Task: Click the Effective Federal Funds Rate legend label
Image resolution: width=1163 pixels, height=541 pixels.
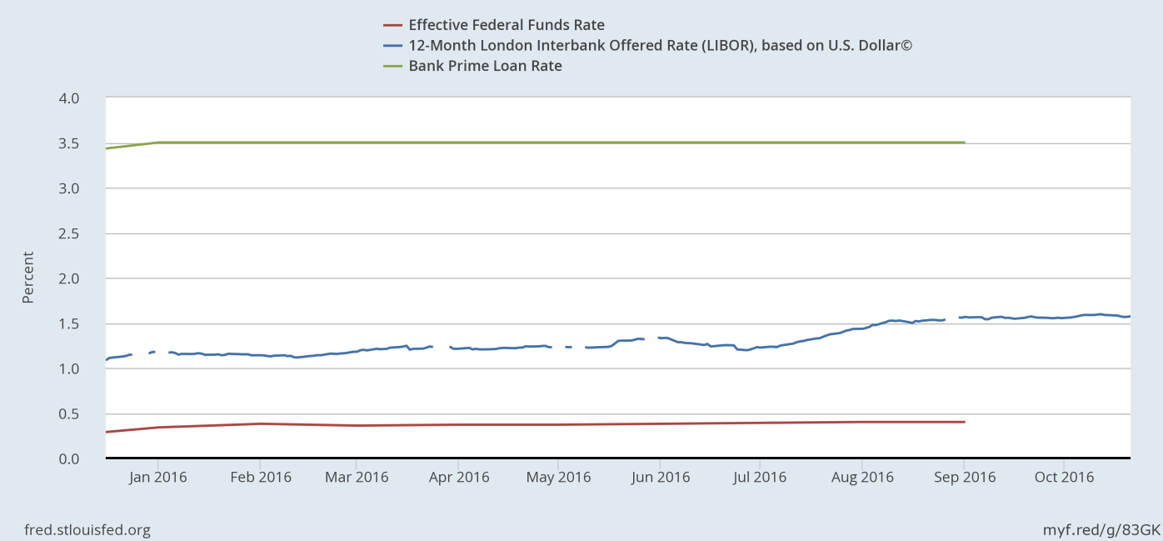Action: coord(507,25)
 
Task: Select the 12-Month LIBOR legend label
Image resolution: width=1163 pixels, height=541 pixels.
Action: coord(661,45)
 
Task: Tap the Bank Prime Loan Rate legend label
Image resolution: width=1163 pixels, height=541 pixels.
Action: coord(485,66)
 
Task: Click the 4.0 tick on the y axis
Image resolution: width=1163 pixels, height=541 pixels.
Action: coord(69,98)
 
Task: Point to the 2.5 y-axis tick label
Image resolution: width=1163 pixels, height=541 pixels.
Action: coord(69,233)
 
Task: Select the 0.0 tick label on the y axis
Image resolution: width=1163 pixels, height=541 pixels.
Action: coord(69,458)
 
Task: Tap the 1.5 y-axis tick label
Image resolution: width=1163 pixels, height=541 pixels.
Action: coord(69,323)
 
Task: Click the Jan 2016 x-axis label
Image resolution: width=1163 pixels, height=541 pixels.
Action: coord(157,477)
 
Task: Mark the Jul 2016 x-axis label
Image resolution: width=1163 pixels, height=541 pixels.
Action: coord(759,477)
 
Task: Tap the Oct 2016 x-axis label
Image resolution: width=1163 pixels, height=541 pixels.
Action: coord(1064,477)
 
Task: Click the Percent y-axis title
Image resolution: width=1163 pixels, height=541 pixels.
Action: coord(28,278)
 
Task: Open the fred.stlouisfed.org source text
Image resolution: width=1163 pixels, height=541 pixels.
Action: coord(77,529)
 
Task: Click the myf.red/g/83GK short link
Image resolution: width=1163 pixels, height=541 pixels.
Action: coord(1101,529)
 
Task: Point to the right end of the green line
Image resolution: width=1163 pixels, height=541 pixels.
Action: coord(964,143)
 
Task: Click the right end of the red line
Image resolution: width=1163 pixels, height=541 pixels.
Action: coord(964,422)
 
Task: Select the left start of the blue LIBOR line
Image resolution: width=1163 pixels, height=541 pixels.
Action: coord(107,359)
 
